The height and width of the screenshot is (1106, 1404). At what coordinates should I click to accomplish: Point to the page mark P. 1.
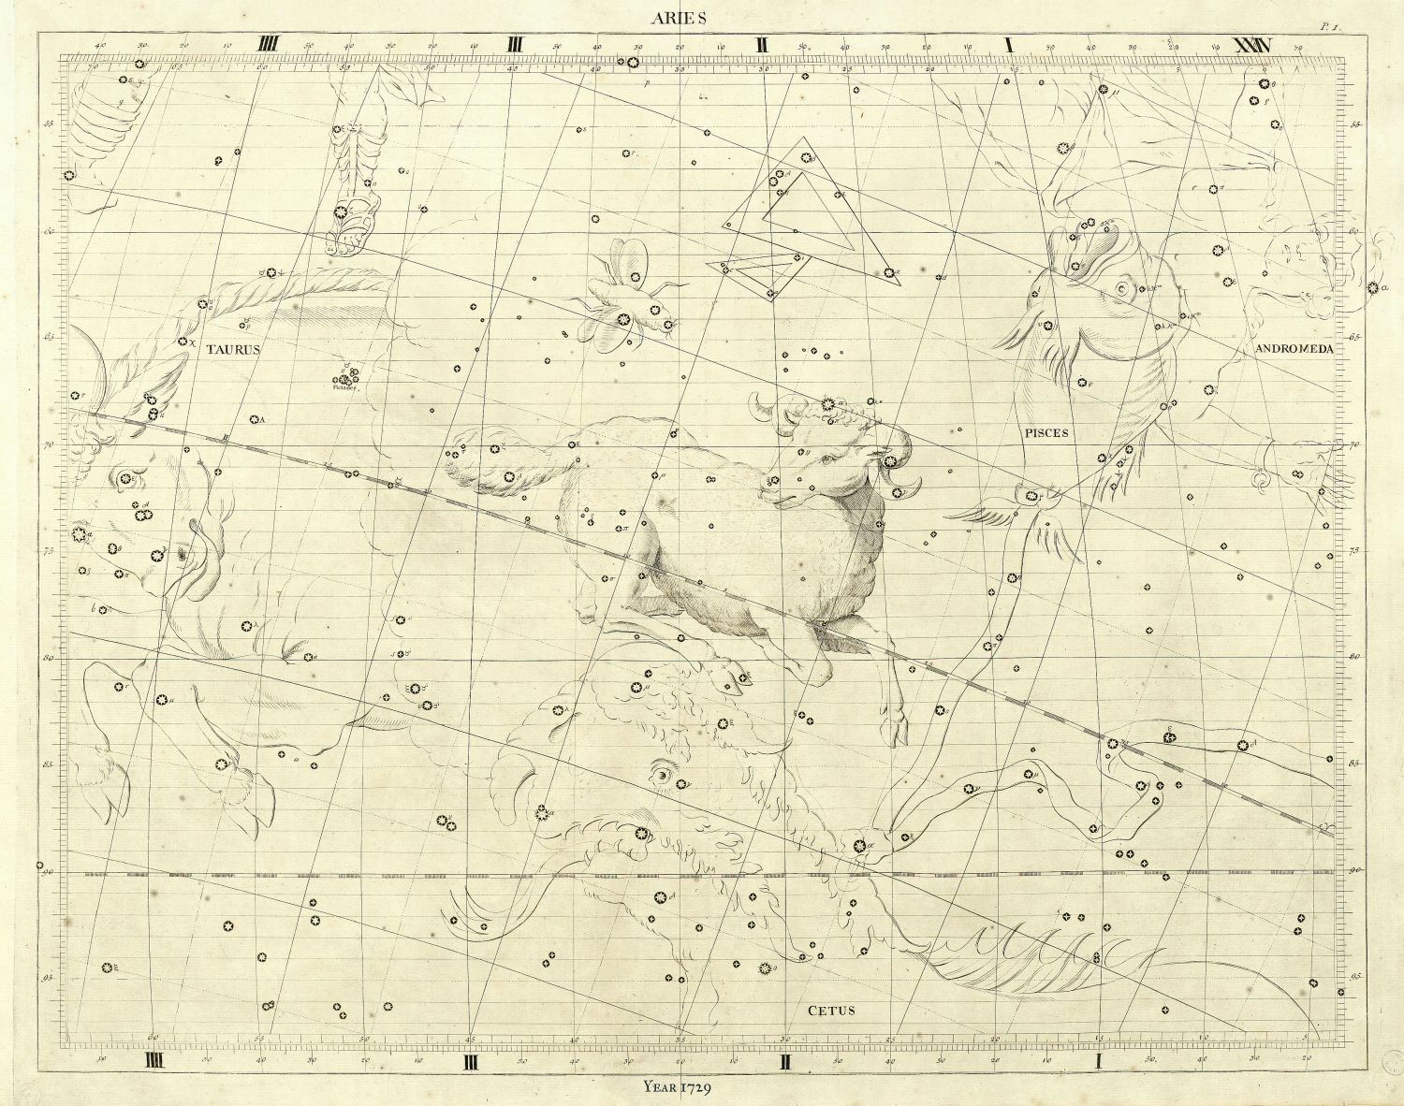tap(1330, 27)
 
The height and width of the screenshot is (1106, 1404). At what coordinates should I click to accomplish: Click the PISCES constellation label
tap(1046, 433)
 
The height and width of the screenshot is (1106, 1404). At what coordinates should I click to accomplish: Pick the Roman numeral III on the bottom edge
tap(471, 1062)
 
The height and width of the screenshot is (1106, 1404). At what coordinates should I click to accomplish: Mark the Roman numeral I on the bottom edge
tap(1101, 1062)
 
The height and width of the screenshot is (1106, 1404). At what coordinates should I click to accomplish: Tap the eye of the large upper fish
tap(1124, 287)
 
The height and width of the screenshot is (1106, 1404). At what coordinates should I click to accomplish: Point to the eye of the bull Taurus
tap(181, 555)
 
